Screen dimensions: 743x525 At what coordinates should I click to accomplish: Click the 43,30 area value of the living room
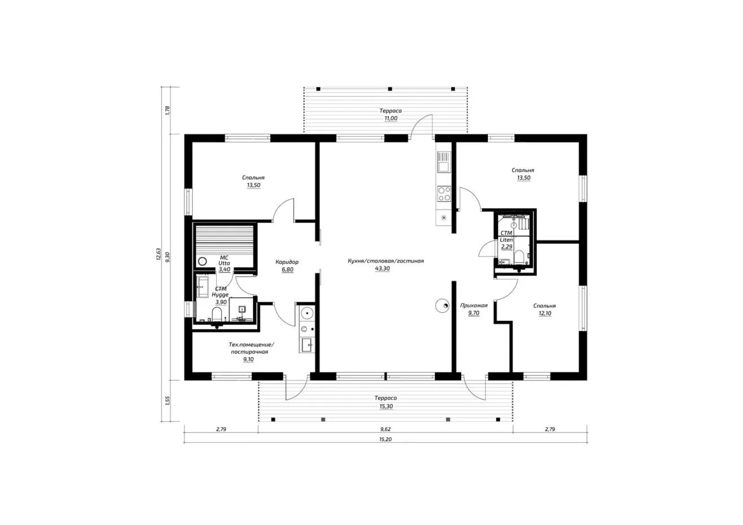pos(382,269)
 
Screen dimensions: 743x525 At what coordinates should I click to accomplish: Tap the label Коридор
pos(287,262)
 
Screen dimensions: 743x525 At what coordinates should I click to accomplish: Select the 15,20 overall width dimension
pos(385,439)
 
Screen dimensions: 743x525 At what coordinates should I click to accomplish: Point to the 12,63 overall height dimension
pos(159,254)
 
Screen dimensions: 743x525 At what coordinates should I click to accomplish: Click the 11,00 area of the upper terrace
pos(391,119)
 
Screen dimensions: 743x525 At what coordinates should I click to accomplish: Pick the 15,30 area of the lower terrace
pos(386,406)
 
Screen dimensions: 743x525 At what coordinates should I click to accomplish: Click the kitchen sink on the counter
pos(444,162)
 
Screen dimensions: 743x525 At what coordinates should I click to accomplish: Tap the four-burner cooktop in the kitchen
pos(444,194)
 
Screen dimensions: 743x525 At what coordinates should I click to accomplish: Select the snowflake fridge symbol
pos(444,218)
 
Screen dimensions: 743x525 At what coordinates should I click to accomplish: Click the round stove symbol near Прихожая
pos(443,306)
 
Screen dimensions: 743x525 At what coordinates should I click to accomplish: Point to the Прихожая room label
pos(474,305)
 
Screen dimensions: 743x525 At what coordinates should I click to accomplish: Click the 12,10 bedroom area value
pos(545,313)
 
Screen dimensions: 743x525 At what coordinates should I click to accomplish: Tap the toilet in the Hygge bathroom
pos(217,314)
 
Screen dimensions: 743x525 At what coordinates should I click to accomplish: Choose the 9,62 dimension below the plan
pos(385,429)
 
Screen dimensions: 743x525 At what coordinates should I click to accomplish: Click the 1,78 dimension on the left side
pos(168,111)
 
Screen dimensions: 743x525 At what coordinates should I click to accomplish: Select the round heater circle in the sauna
pos(202,261)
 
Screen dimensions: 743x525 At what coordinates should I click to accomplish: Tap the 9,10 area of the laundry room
pos(248,359)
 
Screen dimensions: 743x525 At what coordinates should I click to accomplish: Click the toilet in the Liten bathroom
pos(519,257)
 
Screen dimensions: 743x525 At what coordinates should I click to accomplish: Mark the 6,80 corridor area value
pos(287,270)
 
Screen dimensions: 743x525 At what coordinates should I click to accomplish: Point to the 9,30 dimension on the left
pos(168,257)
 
